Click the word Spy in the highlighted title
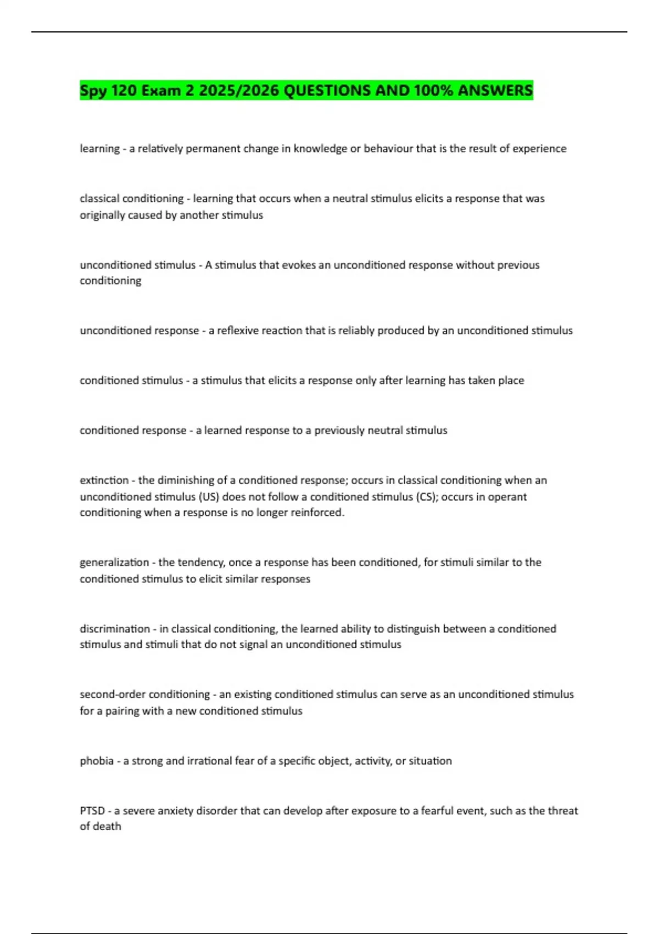click(93, 91)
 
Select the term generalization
click(114, 563)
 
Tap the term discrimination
click(115, 629)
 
